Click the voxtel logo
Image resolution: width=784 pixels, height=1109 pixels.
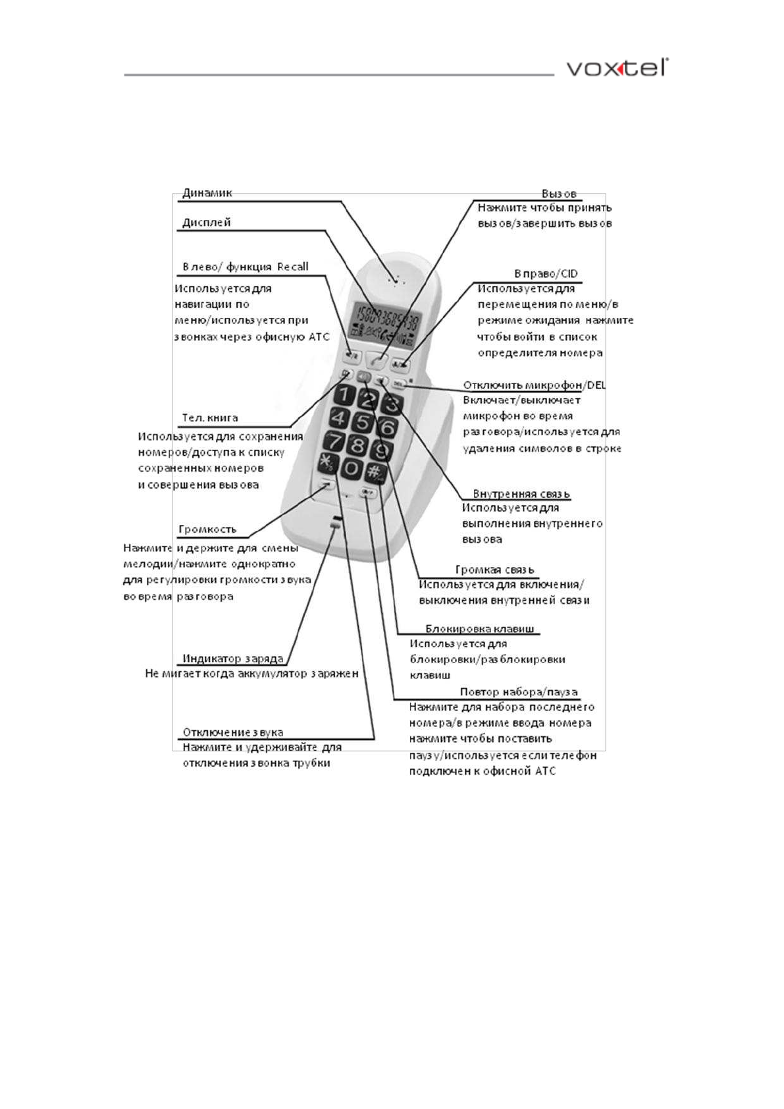[x=617, y=68]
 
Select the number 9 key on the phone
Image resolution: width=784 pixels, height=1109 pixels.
[x=382, y=450]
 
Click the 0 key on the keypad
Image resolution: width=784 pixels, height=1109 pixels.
[x=353, y=468]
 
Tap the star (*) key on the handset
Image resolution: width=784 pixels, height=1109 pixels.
[x=327, y=462]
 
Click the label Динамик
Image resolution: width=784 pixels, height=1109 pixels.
[x=207, y=193]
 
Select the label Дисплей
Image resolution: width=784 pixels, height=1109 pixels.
[x=206, y=223]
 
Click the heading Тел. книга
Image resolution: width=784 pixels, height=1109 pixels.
[x=209, y=418]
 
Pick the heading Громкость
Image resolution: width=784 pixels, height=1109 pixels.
[x=207, y=529]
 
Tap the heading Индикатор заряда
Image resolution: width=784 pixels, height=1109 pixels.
[x=232, y=659]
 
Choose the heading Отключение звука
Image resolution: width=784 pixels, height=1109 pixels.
[x=232, y=732]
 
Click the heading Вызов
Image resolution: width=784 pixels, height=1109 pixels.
[x=559, y=194]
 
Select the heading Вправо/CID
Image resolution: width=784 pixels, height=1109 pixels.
[x=546, y=274]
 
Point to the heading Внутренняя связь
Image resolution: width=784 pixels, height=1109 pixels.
[x=521, y=494]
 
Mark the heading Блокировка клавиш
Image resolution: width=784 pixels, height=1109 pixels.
[x=479, y=629]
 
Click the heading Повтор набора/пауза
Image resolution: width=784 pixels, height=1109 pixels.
[x=518, y=692]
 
